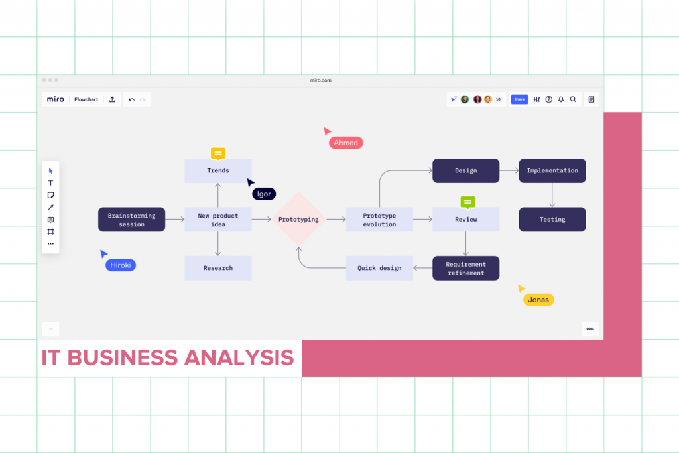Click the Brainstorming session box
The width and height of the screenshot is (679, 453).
[x=131, y=220]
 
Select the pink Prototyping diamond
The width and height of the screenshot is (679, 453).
[x=298, y=220]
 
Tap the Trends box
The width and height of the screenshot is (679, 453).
[x=217, y=170]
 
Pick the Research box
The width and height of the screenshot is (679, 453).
[x=217, y=268]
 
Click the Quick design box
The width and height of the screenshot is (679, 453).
[x=379, y=268]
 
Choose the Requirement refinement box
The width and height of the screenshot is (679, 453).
[x=465, y=269]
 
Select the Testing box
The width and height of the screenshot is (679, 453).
[x=552, y=220]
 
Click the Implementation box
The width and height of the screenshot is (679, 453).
[x=552, y=170]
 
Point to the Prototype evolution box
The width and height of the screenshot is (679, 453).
[x=379, y=220]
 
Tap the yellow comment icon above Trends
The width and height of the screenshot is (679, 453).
[x=217, y=153]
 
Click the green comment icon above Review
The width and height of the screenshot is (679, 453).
[x=467, y=202]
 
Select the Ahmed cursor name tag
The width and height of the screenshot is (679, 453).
[x=346, y=143]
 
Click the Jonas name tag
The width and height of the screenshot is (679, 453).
[x=538, y=300]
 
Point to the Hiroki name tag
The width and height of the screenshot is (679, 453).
[x=120, y=265]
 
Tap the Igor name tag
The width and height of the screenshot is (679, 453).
[x=264, y=194]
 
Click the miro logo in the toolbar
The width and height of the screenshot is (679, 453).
[x=56, y=99]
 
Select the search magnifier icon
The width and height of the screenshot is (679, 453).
[x=573, y=99]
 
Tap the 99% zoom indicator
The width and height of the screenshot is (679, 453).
[x=589, y=329]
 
